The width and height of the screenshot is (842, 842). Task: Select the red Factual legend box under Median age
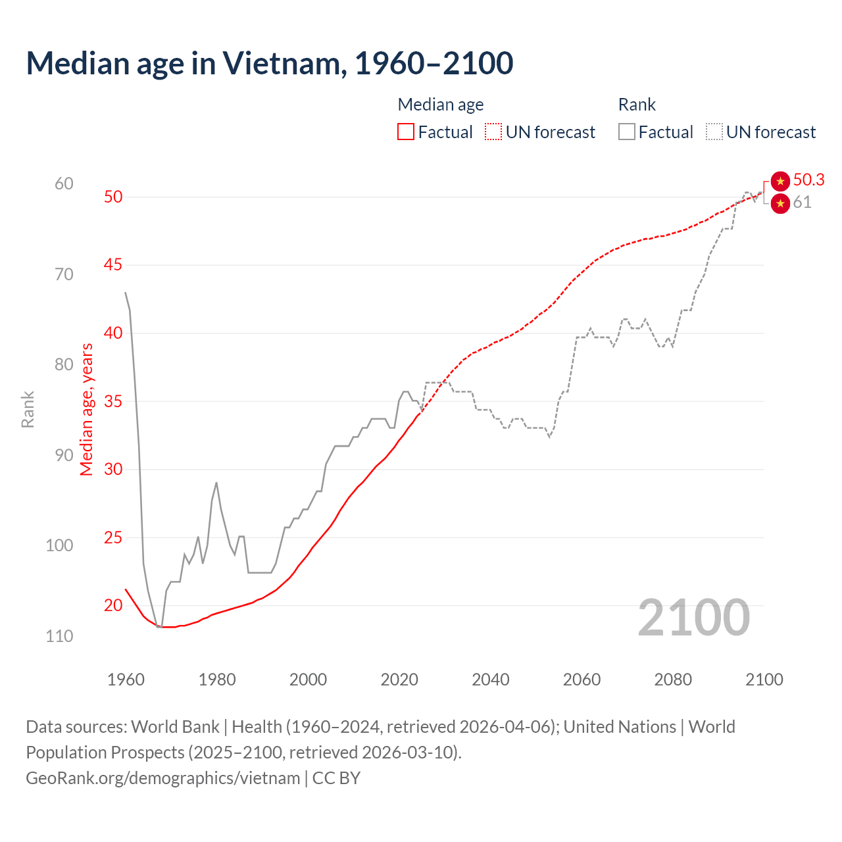click(x=406, y=132)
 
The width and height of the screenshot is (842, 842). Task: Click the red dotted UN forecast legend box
click(x=493, y=132)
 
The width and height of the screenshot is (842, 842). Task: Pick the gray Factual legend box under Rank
click(x=627, y=132)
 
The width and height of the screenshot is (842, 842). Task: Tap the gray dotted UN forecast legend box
click(x=714, y=132)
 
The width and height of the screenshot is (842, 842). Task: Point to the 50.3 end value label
click(x=808, y=180)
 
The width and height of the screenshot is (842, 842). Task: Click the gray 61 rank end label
click(x=802, y=203)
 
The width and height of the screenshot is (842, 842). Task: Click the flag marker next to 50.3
click(x=780, y=181)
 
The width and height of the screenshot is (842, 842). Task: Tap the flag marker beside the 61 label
click(x=780, y=204)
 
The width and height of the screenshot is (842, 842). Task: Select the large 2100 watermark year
click(x=693, y=618)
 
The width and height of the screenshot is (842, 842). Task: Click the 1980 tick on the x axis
click(x=217, y=680)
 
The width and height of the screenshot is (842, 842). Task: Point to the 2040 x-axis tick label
click(x=491, y=680)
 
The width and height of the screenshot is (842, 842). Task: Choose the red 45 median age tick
click(x=113, y=265)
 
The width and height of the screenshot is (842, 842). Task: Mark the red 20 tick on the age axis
click(x=113, y=605)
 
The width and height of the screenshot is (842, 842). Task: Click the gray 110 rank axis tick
click(x=59, y=636)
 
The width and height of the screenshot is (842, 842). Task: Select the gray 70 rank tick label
click(x=64, y=274)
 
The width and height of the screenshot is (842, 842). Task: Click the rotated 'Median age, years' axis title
click(x=86, y=409)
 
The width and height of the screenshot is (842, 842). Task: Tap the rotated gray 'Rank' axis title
click(x=28, y=409)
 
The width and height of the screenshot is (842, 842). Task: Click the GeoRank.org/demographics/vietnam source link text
click(x=163, y=778)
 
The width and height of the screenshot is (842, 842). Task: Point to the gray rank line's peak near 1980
click(x=216, y=483)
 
